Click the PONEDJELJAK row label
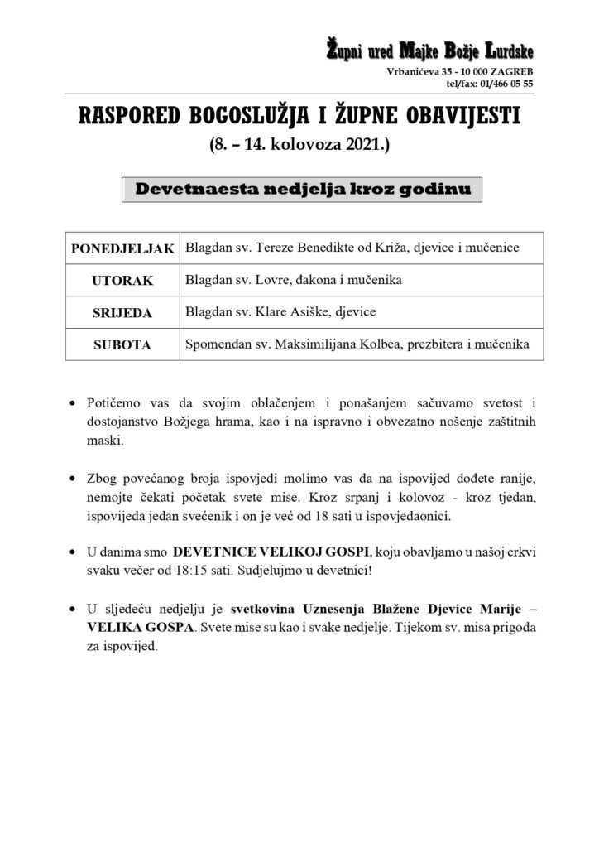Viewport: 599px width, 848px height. click(x=122, y=248)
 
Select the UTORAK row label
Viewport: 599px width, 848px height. click(x=122, y=281)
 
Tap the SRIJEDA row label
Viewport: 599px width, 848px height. click(x=122, y=313)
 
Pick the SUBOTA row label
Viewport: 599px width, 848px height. click(x=122, y=344)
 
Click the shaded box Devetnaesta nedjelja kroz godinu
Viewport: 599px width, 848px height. click(x=303, y=190)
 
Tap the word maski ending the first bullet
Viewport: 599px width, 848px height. click(x=103, y=441)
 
